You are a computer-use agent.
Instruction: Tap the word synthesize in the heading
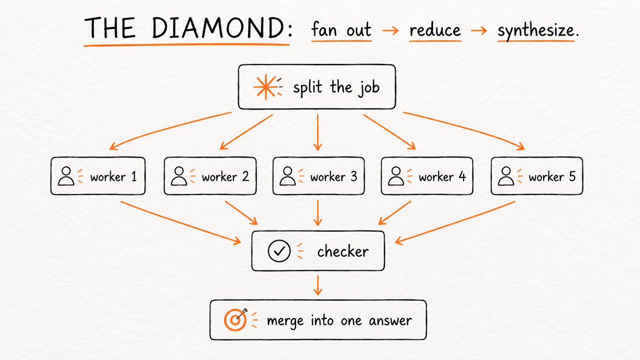pyautogui.click(x=536, y=31)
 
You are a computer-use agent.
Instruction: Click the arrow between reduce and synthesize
pyautogui.click(x=479, y=30)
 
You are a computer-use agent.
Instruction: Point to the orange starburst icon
pyautogui.click(x=266, y=87)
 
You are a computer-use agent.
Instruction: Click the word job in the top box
pyautogui.click(x=369, y=88)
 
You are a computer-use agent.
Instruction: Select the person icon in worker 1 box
pyautogui.click(x=66, y=176)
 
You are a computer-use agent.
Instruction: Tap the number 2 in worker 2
pyautogui.click(x=245, y=177)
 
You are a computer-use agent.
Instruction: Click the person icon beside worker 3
pyautogui.click(x=287, y=176)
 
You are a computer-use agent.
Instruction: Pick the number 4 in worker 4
pyautogui.click(x=462, y=177)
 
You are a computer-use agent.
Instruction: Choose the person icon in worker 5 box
pyautogui.click(x=506, y=176)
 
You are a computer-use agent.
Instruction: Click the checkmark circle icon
pyautogui.click(x=279, y=251)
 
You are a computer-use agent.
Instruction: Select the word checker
pyautogui.click(x=343, y=251)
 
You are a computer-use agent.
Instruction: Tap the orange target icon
pyautogui.click(x=235, y=320)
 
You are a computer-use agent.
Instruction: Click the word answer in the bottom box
pyautogui.click(x=390, y=321)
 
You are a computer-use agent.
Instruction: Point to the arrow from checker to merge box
pyautogui.click(x=318, y=285)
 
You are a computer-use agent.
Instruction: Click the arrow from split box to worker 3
pyautogui.click(x=318, y=132)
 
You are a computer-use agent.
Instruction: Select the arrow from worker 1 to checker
pyautogui.click(x=181, y=223)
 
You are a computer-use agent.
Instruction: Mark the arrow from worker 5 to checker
pyautogui.click(x=455, y=223)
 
